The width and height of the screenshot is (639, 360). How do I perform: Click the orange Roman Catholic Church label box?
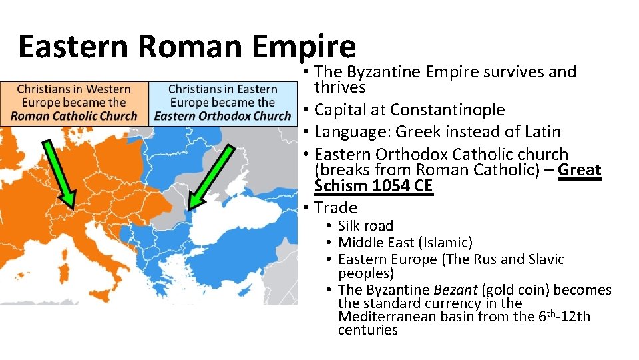(x=74, y=102)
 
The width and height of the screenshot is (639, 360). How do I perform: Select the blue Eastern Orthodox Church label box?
(x=222, y=102)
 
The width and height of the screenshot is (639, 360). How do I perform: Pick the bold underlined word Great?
(x=580, y=170)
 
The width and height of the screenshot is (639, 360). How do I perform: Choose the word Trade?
(x=335, y=207)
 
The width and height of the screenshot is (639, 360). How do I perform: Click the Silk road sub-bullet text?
(x=365, y=226)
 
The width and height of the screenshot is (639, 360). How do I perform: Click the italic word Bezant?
(x=455, y=290)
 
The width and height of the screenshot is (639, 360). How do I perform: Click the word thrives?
(x=339, y=87)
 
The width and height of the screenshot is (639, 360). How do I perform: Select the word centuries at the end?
(x=367, y=330)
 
